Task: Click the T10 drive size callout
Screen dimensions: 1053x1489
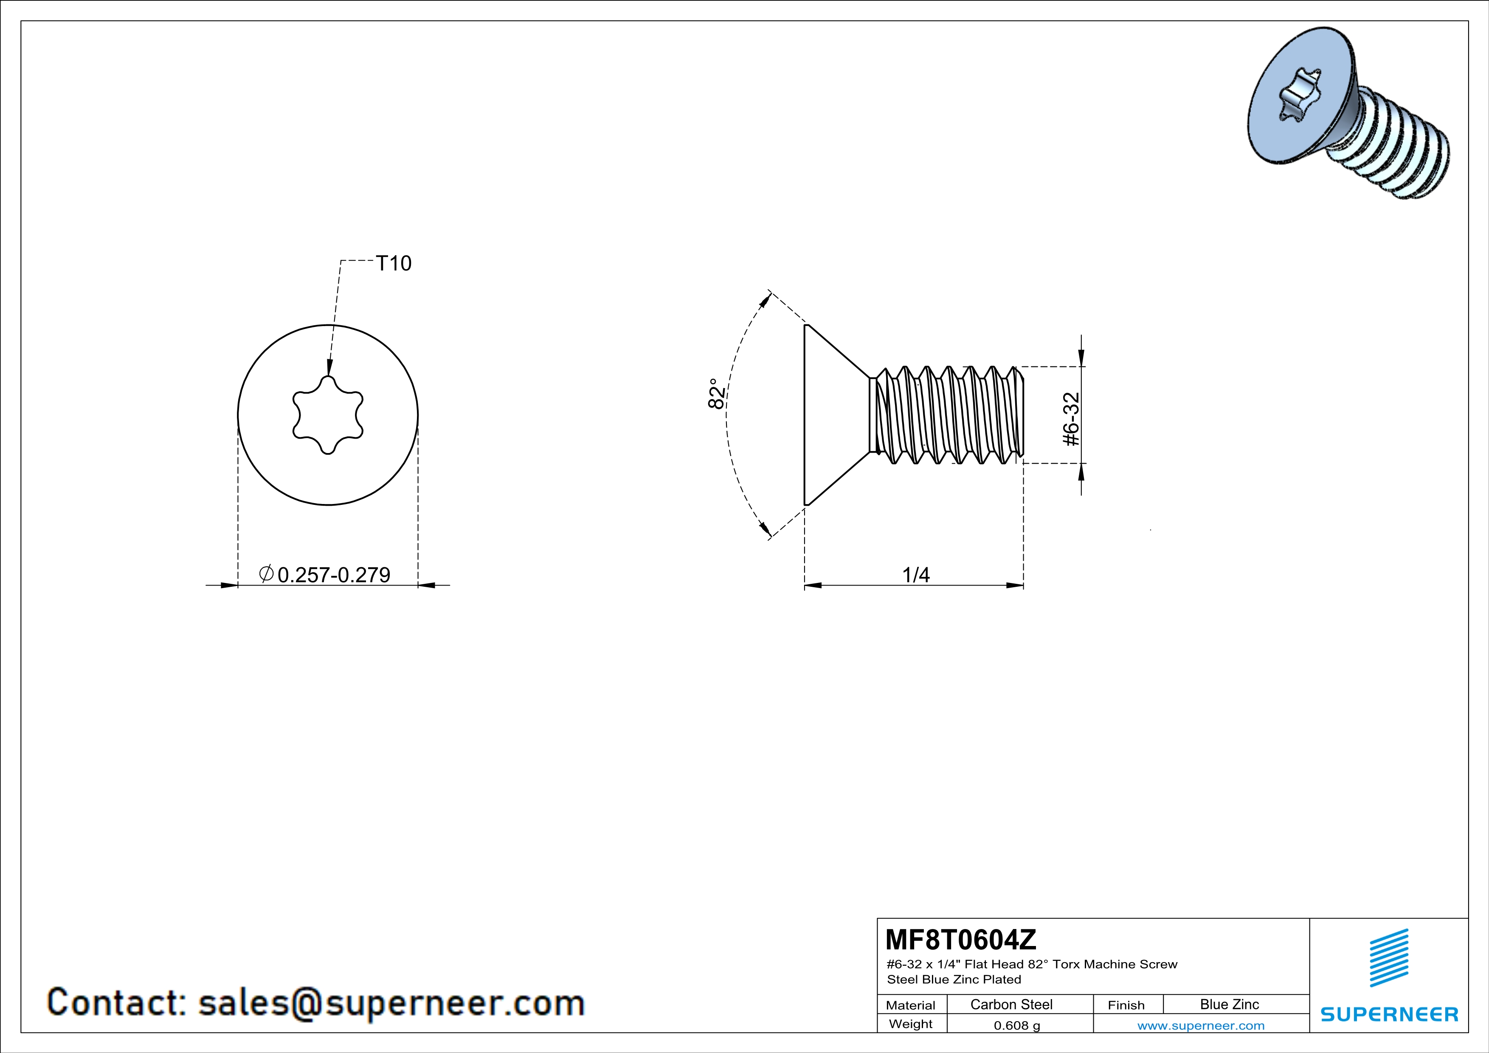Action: (x=394, y=263)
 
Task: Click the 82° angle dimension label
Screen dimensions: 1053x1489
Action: (x=715, y=394)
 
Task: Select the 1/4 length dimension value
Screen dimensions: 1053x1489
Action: (x=916, y=574)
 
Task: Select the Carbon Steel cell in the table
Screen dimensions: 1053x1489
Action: (x=1011, y=1004)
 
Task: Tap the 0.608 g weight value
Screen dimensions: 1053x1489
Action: (x=1017, y=1025)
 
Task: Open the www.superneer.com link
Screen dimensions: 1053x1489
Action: (x=1200, y=1025)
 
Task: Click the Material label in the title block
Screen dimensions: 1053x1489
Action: (x=911, y=1005)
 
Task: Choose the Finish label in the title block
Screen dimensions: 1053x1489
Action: (x=1126, y=1005)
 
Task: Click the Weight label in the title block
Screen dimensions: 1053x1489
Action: (x=911, y=1024)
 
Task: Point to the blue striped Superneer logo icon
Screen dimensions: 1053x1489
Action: (x=1388, y=958)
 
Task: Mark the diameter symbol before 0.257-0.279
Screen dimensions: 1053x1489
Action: (x=265, y=574)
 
